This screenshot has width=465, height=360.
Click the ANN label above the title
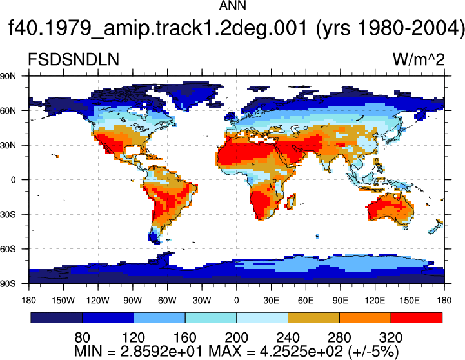click(x=232, y=5)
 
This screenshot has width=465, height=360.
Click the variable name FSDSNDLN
click(x=74, y=59)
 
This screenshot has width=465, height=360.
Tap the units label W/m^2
click(x=419, y=59)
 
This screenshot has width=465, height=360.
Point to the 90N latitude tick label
click(x=8, y=76)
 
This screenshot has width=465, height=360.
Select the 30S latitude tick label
click(x=8, y=214)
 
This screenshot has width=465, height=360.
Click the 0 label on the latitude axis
click(x=13, y=180)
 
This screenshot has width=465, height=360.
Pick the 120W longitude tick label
click(x=98, y=301)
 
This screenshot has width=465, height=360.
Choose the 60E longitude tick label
click(x=306, y=301)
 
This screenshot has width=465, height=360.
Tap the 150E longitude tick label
click(x=410, y=301)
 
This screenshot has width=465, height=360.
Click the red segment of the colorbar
click(x=417, y=317)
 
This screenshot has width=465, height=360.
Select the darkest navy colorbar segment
click(x=56, y=317)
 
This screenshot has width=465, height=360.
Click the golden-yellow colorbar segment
click(x=313, y=317)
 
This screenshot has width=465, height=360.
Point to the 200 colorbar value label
click(x=236, y=337)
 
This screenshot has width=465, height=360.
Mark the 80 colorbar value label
click(x=82, y=337)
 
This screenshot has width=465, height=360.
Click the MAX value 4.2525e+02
click(x=301, y=352)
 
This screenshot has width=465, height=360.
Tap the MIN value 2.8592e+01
click(x=162, y=352)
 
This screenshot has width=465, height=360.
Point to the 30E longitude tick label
click(x=271, y=301)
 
